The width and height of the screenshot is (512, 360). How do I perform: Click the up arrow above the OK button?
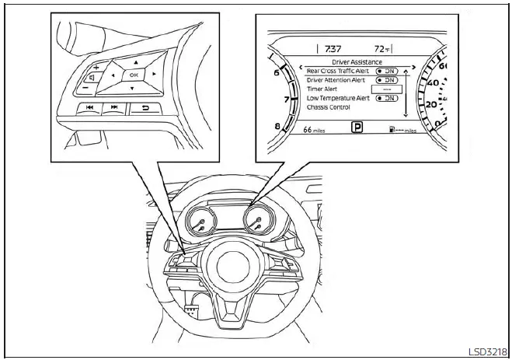coord(135,61)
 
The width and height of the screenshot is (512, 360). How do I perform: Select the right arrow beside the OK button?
coord(155,74)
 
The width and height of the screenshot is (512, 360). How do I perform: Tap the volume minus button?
coord(84,88)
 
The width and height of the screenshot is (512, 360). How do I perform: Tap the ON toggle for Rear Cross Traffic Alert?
coord(386,70)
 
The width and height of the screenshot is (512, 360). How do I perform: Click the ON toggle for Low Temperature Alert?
coord(386,98)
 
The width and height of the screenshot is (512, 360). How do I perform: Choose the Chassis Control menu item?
coord(329,107)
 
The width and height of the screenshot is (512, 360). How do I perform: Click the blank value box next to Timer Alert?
coord(386,89)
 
